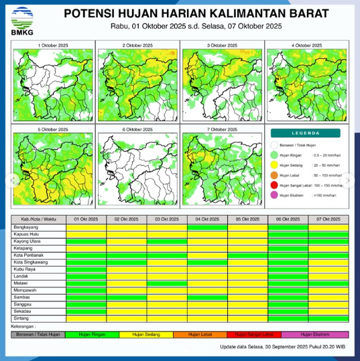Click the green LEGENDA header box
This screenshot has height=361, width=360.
[x=306, y=133]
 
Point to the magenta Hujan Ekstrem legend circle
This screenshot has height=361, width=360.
[x=274, y=195]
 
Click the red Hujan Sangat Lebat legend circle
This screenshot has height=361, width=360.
[x=274, y=185]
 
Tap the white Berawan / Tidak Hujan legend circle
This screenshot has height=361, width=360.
[x=274, y=144]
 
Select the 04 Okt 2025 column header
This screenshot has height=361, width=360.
[x=207, y=219]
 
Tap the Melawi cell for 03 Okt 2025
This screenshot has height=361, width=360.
[x=167, y=284]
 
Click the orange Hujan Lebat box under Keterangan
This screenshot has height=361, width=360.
[x=200, y=334]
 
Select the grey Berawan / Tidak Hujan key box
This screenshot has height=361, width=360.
[x=39, y=334]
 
